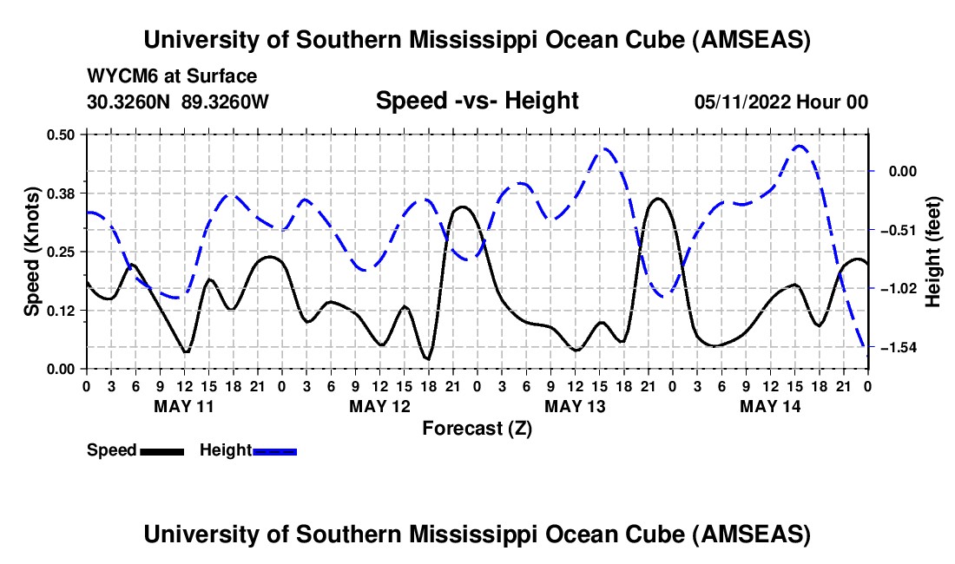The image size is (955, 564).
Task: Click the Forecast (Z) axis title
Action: [477, 428]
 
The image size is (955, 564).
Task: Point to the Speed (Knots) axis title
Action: [32, 252]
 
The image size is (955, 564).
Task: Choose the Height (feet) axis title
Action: [933, 252]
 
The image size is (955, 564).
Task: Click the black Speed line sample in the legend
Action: [161, 450]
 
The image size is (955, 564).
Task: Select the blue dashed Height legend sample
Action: [274, 450]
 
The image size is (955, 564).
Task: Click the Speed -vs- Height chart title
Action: [477, 102]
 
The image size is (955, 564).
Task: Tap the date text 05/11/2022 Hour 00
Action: [781, 102]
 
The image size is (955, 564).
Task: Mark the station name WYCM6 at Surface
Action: [172, 77]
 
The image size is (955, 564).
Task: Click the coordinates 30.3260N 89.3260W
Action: [178, 102]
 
